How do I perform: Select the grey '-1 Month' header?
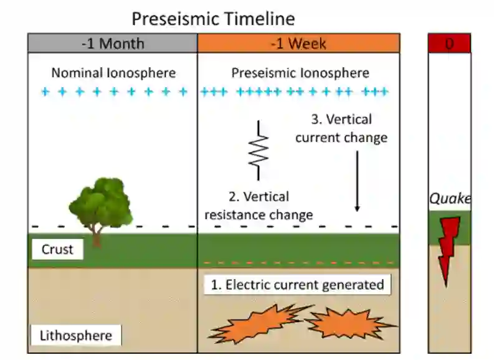pos(112,44)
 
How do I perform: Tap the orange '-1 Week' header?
pos(298,44)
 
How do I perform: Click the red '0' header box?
pos(449,44)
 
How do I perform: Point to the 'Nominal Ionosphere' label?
pos(113,73)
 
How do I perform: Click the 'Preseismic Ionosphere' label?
pos(300,73)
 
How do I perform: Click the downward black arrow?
pos(357,181)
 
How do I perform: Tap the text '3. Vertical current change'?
pos(341,128)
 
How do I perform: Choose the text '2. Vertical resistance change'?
pos(259,206)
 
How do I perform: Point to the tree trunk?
pos(97,237)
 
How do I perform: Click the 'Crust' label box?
pos(57,250)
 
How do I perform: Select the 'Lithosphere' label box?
pos(76,336)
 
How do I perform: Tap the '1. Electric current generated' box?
pos(297,285)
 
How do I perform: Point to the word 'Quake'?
pos(449,199)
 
